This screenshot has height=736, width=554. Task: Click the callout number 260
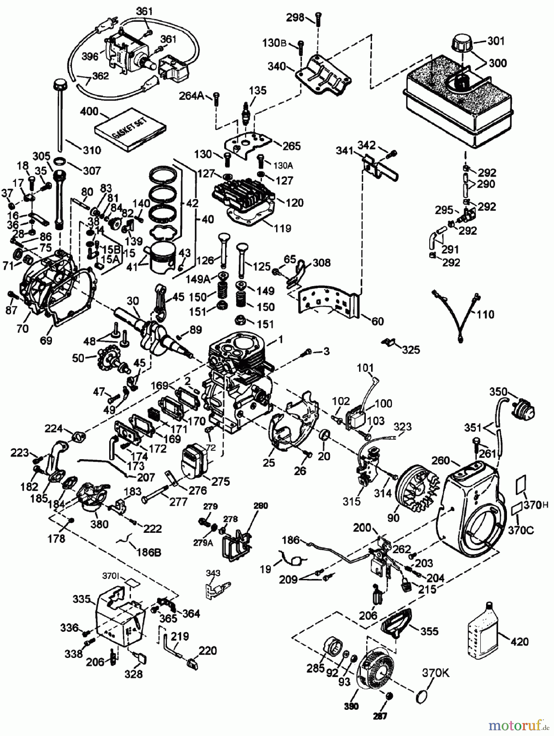(441, 461)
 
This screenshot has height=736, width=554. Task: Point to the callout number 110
(485, 314)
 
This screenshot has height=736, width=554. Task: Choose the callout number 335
(81, 599)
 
